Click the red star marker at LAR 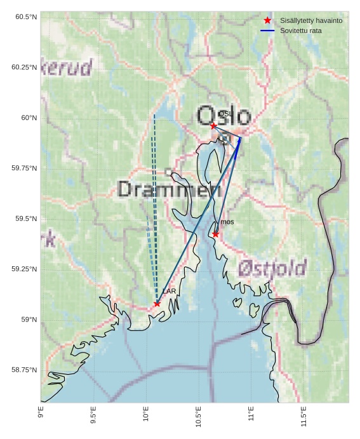click(x=157, y=304)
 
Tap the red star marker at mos click(x=216, y=234)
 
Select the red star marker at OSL click(x=213, y=126)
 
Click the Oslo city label click(x=223, y=116)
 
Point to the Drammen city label click(x=164, y=189)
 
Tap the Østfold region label click(x=272, y=269)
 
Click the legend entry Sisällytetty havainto click(x=311, y=21)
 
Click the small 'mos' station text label click(x=227, y=222)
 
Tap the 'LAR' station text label click(x=169, y=291)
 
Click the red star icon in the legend click(x=267, y=21)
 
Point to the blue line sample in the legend click(x=267, y=30)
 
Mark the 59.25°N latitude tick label click(x=24, y=269)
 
